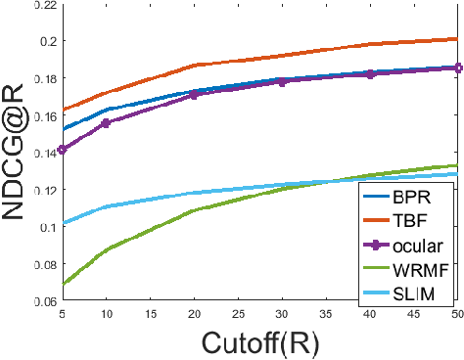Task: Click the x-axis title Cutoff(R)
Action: (x=261, y=342)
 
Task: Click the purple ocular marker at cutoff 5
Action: (x=63, y=149)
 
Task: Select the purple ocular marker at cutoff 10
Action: (x=107, y=123)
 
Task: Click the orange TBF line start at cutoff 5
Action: (x=63, y=110)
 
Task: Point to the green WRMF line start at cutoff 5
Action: (x=63, y=284)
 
